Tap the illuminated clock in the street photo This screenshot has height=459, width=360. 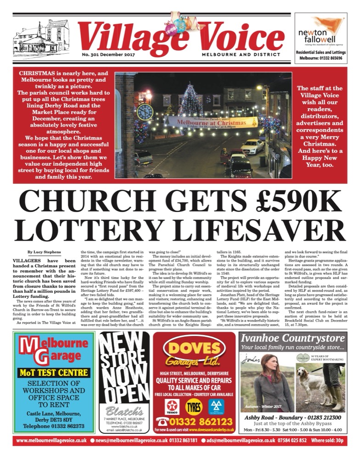(145, 111)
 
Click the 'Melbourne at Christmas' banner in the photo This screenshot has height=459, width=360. (212, 122)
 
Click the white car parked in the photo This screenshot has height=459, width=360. (253, 146)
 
